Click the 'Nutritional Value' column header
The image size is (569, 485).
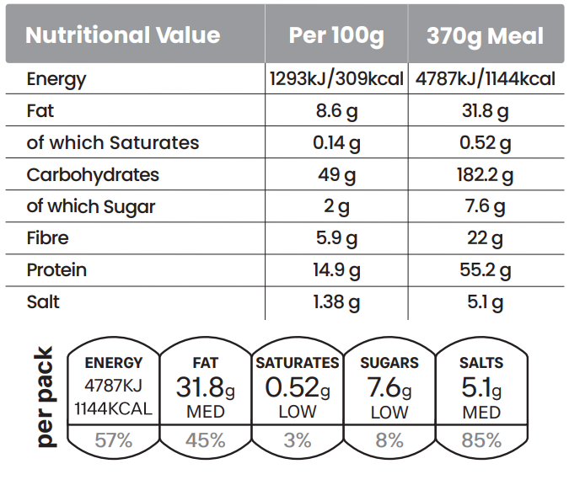click(x=123, y=35)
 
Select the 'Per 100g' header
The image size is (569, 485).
click(x=336, y=35)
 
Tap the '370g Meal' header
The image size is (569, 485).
click(x=485, y=36)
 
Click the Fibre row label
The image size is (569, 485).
click(x=47, y=238)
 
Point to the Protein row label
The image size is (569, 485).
click(x=56, y=270)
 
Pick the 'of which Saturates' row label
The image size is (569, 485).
click(x=113, y=142)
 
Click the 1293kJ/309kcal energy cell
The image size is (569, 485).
click(x=336, y=79)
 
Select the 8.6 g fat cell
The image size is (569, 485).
click(x=336, y=110)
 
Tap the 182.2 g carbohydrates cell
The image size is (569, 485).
click(x=485, y=175)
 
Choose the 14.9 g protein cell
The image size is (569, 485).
click(x=336, y=270)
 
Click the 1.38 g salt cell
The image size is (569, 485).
click(x=336, y=301)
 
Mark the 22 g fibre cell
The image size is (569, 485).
click(x=485, y=238)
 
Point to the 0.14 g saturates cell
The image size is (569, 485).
click(x=336, y=142)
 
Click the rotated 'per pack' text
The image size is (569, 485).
click(x=44, y=397)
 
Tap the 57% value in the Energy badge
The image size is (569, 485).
click(x=114, y=440)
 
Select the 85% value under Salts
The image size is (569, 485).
click(x=481, y=440)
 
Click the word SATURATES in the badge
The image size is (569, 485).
click(x=298, y=363)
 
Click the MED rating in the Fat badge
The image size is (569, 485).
click(x=206, y=413)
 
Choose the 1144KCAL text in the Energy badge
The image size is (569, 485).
click(x=114, y=409)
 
